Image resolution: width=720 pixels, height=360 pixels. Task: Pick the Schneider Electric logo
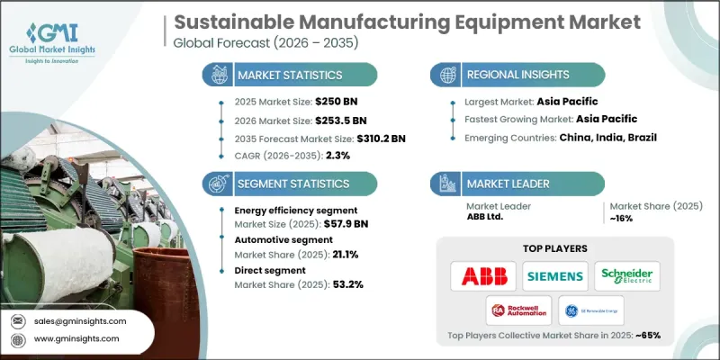pos(627,274)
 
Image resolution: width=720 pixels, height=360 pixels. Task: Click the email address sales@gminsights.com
pos(81,321)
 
